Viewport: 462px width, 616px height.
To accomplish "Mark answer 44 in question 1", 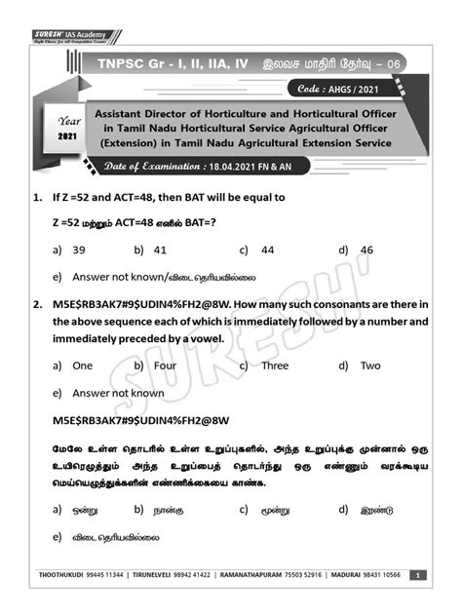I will pyautogui.click(x=267, y=250).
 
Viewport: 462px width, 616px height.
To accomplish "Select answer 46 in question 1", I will pyautogui.click(x=366, y=250).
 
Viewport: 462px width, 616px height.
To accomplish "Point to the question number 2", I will pyautogui.click(x=36, y=304).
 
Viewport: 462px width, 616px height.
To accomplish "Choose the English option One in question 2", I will pyautogui.click(x=82, y=366).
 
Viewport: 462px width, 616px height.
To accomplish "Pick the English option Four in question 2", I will pyautogui.click(x=165, y=366).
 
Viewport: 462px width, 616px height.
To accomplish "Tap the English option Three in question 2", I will pyautogui.click(x=274, y=366).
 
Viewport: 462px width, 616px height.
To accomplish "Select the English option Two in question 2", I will pyautogui.click(x=370, y=366).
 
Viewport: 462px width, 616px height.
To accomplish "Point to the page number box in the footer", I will pyautogui.click(x=417, y=575).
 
